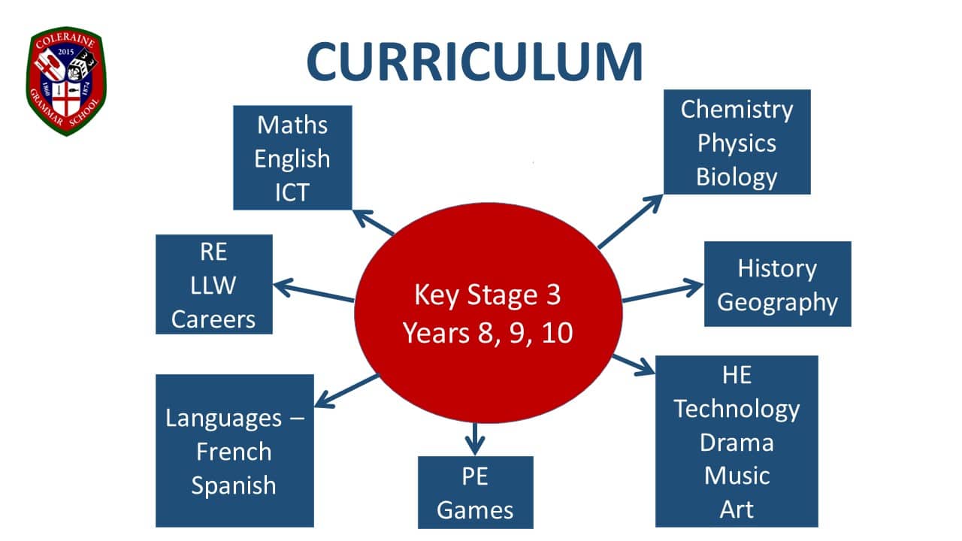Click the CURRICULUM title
[474, 62]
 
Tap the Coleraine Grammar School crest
[65, 81]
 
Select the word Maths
[292, 125]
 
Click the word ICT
[292, 192]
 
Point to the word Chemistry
[737, 110]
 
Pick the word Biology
[737, 177]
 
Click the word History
[777, 269]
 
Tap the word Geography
[777, 303]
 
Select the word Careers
[213, 319]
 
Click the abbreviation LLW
[213, 285]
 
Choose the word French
[234, 452]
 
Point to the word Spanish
[234, 486]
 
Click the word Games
[475, 510]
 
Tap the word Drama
[737, 443]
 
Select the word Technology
[737, 410]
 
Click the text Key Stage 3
[488, 295]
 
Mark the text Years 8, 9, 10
[488, 333]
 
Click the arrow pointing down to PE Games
[474, 439]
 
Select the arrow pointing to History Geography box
[663, 292]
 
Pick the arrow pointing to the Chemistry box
[631, 222]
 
